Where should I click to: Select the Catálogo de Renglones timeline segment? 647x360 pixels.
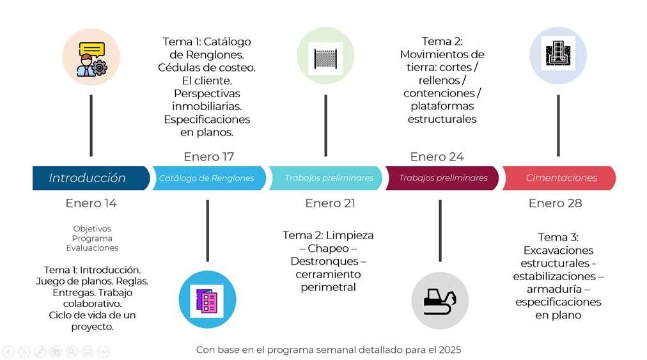tap(207, 178)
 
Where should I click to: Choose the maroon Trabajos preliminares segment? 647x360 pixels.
tap(443, 178)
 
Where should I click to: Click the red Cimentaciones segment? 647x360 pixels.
tap(561, 178)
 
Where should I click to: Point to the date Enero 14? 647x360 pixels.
tap(91, 203)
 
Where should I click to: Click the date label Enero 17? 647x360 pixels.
tap(208, 157)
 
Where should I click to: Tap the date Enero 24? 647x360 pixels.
tap(437, 157)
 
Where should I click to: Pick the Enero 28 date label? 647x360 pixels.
tap(555, 203)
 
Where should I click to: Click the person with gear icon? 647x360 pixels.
tap(91, 58)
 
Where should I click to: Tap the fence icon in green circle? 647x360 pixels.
tap(325, 57)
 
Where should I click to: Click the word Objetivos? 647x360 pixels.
tap(92, 228)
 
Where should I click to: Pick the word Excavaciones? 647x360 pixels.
tap(558, 250)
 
